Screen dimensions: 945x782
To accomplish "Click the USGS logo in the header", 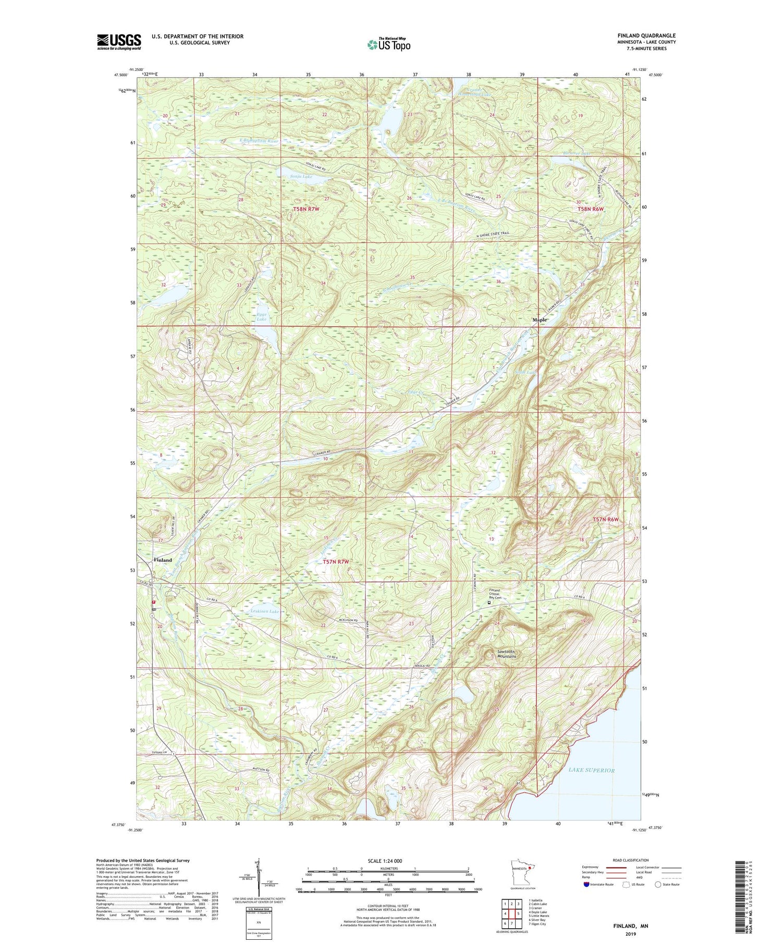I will pos(119,41).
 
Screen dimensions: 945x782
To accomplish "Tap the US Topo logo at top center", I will pos(388,44).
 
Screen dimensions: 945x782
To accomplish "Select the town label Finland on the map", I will pos(163,560).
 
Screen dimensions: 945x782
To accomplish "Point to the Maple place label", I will pos(540,320).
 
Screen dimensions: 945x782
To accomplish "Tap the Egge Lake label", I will pos(262,316).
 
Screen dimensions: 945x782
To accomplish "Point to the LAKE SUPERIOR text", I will pos(592,770).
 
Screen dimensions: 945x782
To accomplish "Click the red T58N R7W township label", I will pos(306,209).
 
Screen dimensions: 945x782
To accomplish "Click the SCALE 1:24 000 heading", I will pos(388,861).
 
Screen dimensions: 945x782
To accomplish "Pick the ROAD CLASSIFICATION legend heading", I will pos(631,860).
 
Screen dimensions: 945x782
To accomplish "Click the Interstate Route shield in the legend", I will pos(586,885).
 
